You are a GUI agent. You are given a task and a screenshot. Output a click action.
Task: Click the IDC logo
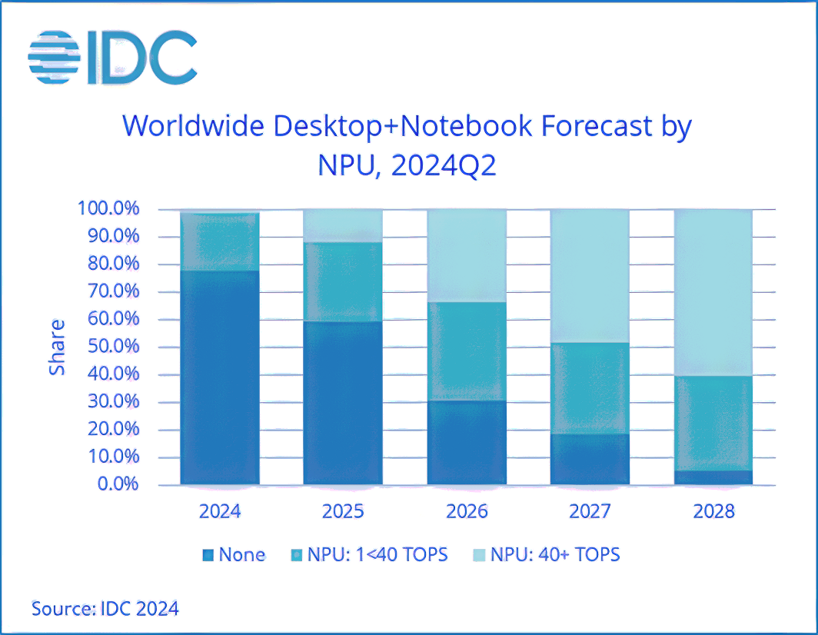(112, 58)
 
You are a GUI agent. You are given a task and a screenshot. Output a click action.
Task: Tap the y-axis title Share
(58, 347)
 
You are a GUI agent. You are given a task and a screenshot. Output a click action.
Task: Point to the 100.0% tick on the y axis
(108, 209)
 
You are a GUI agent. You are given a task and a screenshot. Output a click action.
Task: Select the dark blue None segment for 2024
(220, 377)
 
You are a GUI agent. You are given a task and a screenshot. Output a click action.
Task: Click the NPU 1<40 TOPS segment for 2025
(343, 281)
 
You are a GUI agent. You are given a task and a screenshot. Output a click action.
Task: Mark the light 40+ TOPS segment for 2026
(467, 255)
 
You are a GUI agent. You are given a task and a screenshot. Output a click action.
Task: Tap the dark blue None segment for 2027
(590, 459)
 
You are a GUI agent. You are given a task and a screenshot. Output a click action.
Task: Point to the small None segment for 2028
(713, 477)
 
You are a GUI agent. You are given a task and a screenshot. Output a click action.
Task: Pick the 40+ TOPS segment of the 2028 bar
(713, 292)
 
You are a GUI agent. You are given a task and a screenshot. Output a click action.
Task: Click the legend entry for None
(234, 554)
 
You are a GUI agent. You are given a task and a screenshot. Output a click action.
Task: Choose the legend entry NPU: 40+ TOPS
(545, 554)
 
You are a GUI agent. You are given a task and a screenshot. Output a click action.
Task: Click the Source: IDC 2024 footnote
(105, 609)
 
